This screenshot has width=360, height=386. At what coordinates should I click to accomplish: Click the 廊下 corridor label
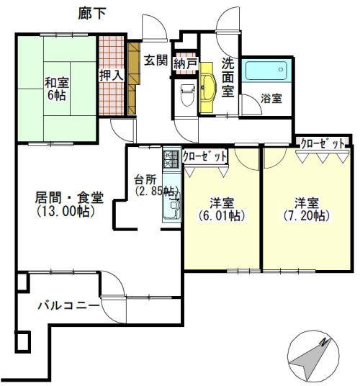point(92,14)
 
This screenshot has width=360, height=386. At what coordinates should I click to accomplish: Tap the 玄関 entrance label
point(156,60)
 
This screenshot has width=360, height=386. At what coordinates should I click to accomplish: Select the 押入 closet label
point(111,75)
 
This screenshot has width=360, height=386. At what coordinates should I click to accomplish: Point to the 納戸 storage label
point(186,64)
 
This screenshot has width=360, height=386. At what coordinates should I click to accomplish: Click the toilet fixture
point(188,95)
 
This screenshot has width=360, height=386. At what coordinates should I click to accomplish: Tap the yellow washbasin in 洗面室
point(208,87)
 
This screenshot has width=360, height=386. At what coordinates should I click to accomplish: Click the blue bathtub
point(266,71)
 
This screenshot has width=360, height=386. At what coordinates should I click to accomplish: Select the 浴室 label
point(271,99)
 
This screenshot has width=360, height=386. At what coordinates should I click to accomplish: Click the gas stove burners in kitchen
point(171,159)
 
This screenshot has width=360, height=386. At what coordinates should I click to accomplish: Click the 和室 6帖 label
point(57,89)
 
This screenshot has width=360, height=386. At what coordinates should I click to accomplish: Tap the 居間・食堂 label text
point(69,197)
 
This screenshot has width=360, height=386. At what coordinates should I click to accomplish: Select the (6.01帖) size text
point(222,216)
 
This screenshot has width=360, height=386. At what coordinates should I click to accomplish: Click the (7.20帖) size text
point(307,216)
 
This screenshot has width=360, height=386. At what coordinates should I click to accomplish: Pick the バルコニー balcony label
point(68,306)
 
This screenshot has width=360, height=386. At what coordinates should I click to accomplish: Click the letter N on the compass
point(325,342)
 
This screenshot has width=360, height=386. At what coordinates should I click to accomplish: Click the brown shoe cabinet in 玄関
point(133,78)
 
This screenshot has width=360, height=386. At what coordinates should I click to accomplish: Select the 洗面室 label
point(228,78)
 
